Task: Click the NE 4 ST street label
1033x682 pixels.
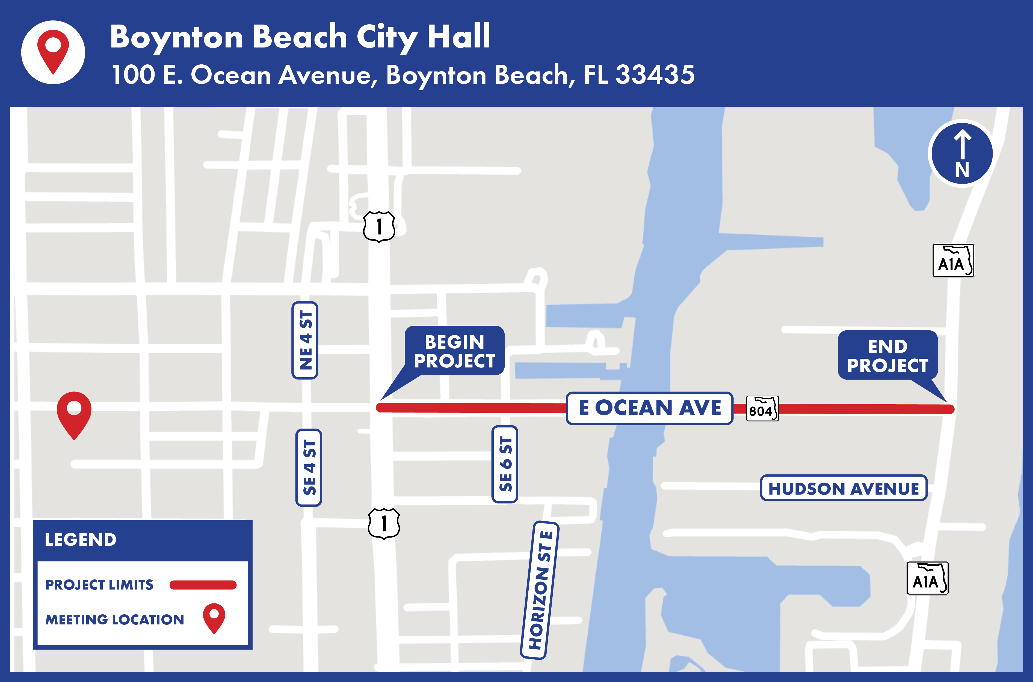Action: coord(305,340)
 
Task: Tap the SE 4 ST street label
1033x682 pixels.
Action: coord(309,468)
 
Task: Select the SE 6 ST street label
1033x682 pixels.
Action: coord(505,464)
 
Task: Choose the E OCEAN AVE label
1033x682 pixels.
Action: coord(650,408)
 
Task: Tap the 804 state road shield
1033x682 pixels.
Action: coord(762,409)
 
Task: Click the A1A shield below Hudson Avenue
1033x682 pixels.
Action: coord(927,579)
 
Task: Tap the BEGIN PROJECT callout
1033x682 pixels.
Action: coord(454,351)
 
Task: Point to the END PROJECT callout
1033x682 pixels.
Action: coord(888,355)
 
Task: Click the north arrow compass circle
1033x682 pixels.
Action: coord(962,154)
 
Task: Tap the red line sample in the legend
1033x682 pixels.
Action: coord(203,585)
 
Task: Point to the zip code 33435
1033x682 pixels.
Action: coord(655,74)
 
